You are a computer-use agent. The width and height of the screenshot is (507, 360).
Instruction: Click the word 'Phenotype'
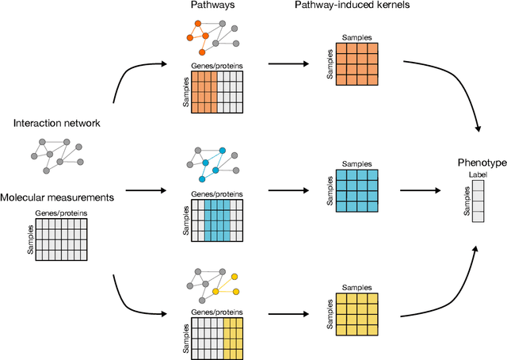482,162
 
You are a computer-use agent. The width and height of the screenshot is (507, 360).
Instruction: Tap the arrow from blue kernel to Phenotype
421,191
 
